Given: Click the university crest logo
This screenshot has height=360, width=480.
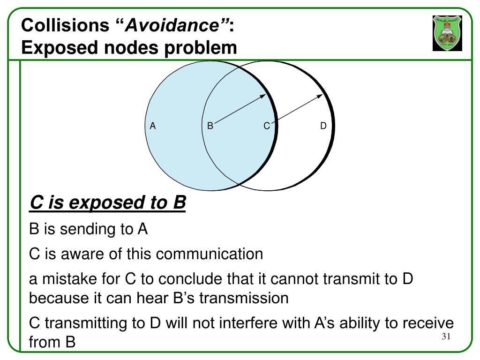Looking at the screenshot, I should (447, 33).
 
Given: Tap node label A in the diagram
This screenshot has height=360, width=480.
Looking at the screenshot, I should (153, 126).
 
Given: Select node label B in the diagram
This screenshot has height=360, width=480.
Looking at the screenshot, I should (210, 126).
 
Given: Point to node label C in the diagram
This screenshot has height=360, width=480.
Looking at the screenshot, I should (266, 126).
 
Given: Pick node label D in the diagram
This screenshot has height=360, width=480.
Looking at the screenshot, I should (323, 126).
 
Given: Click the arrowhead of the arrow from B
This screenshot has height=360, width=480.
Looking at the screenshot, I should (264, 95).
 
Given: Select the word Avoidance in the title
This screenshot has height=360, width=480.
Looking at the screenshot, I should (178, 25).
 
